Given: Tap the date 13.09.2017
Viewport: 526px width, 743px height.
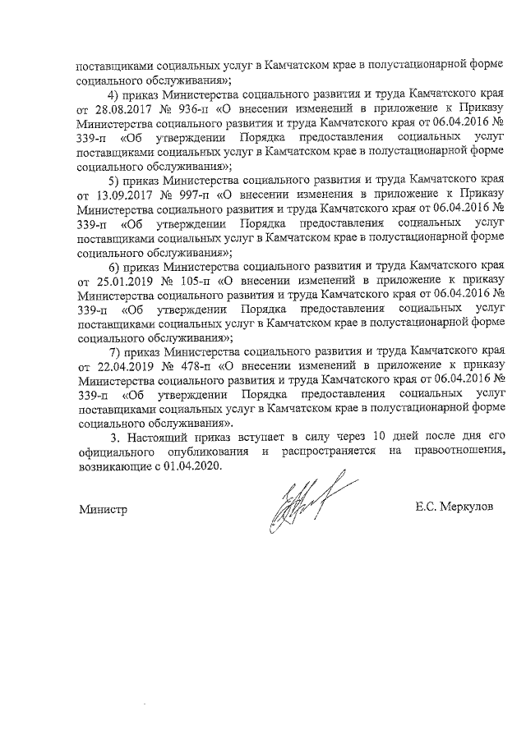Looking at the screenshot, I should (122, 195).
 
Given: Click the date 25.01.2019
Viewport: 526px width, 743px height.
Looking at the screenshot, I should (122, 281).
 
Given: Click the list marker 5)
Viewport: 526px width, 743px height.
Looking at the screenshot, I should (116, 181).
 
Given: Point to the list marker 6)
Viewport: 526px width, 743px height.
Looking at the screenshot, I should (116, 267).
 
